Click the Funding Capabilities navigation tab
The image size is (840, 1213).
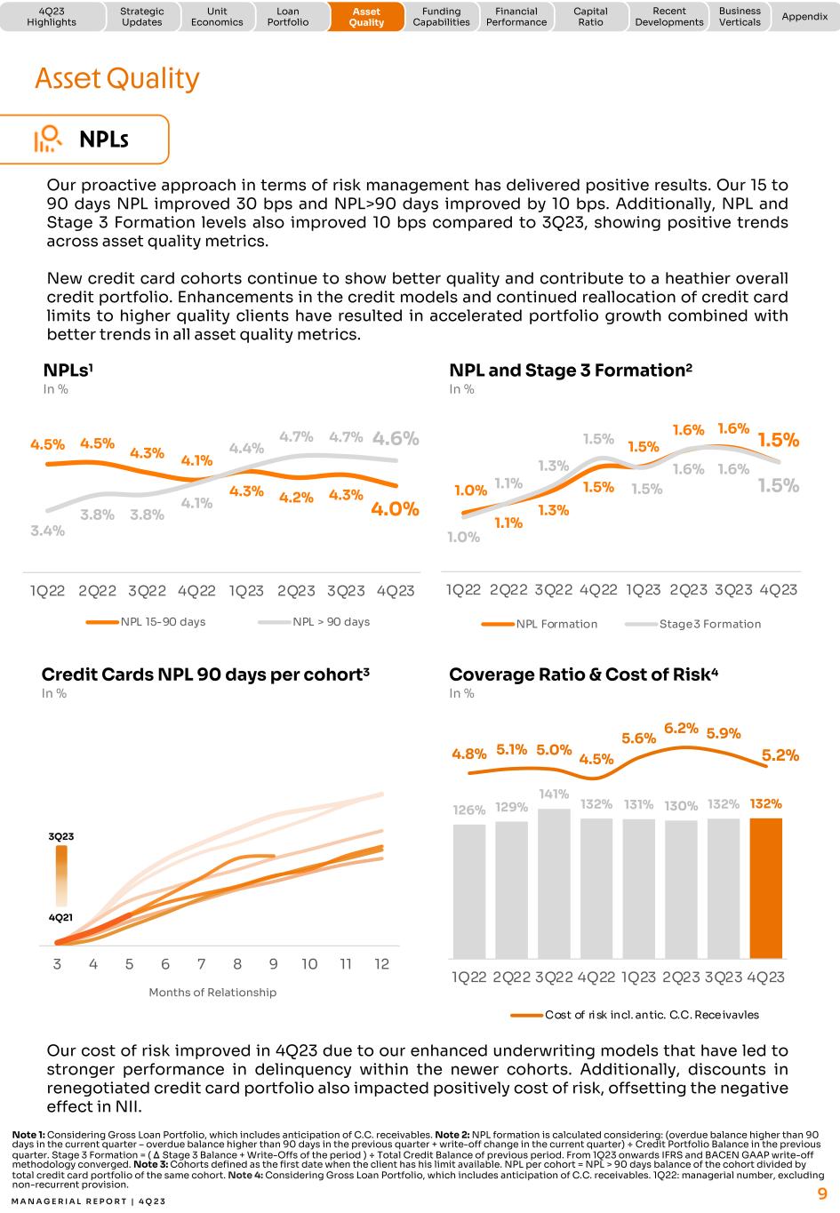pos(441,17)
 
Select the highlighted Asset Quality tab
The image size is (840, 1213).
pos(366,17)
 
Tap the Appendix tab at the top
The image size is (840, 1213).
pos(804,17)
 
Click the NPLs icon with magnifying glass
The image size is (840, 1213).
pos(48,140)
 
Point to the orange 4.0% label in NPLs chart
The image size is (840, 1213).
pos(395,509)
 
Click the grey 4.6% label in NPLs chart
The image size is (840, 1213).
pos(396,438)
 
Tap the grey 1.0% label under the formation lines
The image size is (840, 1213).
pos(463,537)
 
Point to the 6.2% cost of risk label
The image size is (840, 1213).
pos(681,728)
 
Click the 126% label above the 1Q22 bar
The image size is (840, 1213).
pos(469,810)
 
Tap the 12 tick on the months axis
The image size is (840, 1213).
pos(381,964)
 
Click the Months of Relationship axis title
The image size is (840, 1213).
pos(212,992)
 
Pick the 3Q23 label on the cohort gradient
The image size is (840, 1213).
pos(61,836)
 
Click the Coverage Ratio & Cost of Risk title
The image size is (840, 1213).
pos(583,674)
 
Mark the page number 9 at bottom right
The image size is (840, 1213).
pos(822,1193)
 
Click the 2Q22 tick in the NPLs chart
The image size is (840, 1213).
pos(97,591)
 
